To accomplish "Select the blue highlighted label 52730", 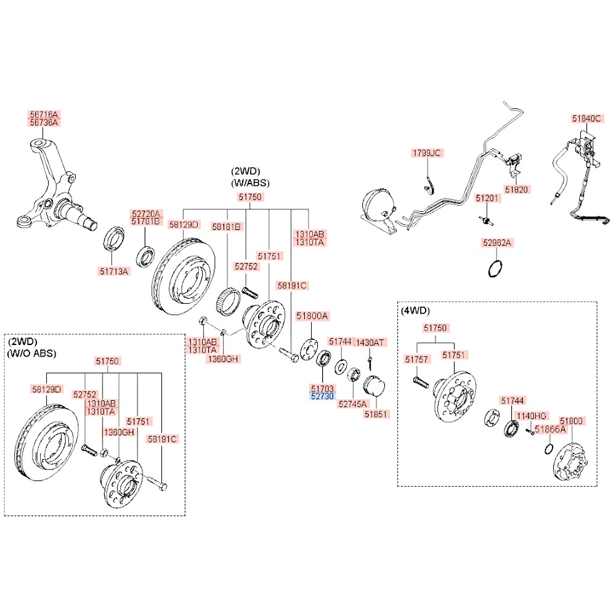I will click(322, 397).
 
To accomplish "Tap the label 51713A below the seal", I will click(113, 270).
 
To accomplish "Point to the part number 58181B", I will click(226, 227).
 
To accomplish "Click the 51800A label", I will click(312, 316).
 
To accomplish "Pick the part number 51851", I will click(377, 415).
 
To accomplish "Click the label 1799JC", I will click(428, 152).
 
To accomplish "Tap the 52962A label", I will click(496, 243).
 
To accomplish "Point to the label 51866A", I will click(549, 430).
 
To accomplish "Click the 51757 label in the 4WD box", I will click(416, 359).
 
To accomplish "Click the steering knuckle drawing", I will click(52, 191).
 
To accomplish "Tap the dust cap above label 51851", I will click(373, 387).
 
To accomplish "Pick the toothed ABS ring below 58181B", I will click(231, 301).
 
